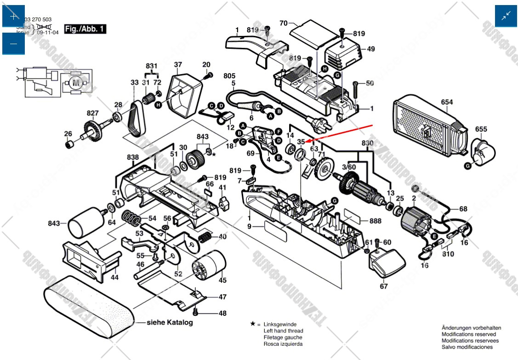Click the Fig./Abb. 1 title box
(85, 29)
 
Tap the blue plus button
(13, 16)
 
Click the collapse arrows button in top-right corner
(506, 16)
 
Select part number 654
(447, 102)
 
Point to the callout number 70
(283, 23)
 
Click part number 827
(92, 113)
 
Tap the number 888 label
(375, 221)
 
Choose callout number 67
(383, 286)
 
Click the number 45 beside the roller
(222, 280)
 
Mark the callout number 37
(178, 65)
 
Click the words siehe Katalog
(170, 322)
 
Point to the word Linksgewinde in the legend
(280, 324)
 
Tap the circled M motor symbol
(76, 83)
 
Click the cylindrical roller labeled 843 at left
(85, 222)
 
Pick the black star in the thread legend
(253, 324)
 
